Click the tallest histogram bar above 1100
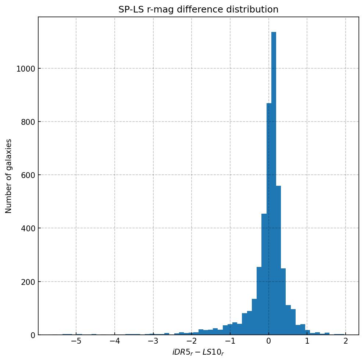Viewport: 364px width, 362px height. point(274,184)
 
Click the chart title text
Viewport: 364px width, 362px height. point(198,10)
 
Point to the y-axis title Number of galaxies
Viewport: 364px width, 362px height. point(9,176)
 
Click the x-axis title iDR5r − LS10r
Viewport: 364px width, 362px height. point(198,352)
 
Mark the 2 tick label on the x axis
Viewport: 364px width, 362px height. point(346,341)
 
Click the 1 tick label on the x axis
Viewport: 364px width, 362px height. point(307,341)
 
